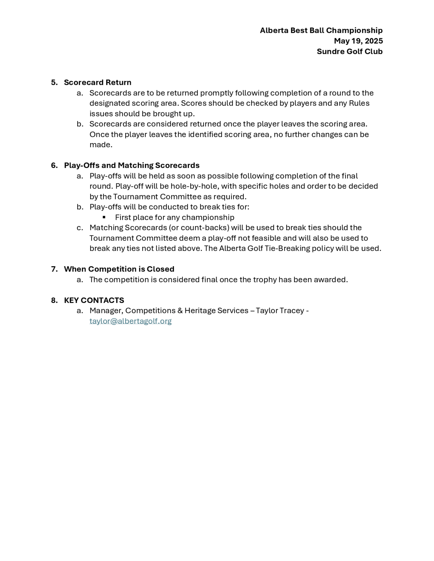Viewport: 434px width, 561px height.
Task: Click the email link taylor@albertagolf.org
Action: pos(130,321)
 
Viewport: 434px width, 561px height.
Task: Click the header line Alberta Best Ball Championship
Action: pos(321,30)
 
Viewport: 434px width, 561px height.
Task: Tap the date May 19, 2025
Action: pos(358,41)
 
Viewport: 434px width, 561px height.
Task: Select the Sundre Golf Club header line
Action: pos(349,51)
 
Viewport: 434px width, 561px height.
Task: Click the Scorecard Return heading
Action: pos(97,82)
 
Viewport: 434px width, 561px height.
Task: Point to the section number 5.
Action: pos(54,82)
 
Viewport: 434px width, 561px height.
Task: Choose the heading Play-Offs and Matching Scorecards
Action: pos(132,165)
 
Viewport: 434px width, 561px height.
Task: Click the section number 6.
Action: pos(54,165)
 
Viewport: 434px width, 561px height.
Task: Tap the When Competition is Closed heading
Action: pos(119,269)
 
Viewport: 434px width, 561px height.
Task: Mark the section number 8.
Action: pos(54,300)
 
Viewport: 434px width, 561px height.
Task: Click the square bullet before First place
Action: pos(104,217)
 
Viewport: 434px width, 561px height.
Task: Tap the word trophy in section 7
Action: pos(265,280)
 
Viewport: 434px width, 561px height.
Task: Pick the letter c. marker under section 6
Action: pos(80,228)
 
